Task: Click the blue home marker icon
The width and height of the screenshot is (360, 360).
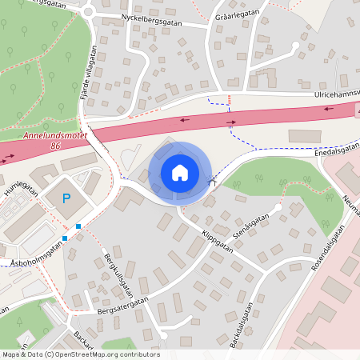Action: [x=179, y=173]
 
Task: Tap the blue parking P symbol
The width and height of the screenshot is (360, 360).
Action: [x=66, y=198]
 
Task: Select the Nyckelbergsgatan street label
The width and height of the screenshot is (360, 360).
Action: [x=152, y=19]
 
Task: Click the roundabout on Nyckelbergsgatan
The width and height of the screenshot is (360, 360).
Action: [x=88, y=12]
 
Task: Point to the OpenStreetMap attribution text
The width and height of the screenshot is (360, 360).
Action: [x=80, y=354]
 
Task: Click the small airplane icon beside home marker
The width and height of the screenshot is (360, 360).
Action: [x=211, y=181]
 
